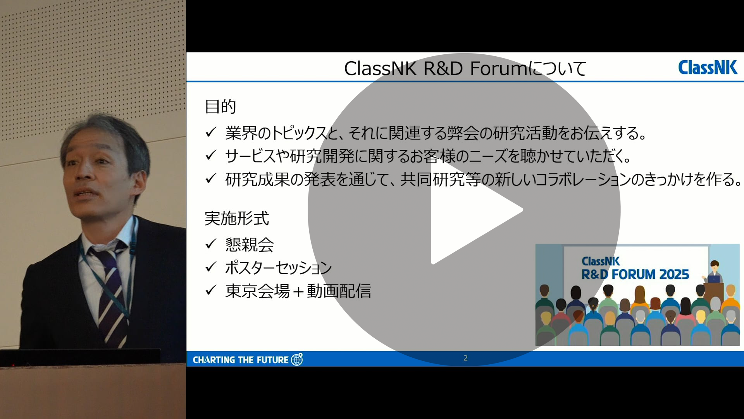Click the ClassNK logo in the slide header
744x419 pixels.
coord(708,68)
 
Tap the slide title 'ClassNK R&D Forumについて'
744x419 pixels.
coord(465,69)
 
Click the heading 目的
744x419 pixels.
coord(220,106)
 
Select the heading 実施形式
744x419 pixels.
coord(237,218)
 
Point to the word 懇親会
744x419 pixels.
coord(250,244)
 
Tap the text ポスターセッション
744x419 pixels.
coord(278,268)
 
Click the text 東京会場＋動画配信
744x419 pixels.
coord(298,291)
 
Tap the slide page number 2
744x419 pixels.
coord(465,358)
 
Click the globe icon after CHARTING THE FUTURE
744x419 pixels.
coord(297,359)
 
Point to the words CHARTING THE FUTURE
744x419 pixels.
coord(241,360)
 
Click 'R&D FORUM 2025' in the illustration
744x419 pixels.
coord(635,275)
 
